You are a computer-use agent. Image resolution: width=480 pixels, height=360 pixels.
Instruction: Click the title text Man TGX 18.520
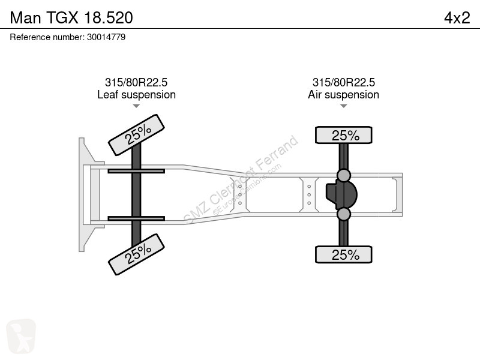[x=71, y=18]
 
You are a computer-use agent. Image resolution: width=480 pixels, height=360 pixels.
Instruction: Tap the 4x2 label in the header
[x=457, y=18]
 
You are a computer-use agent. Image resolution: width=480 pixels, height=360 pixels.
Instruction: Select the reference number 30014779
[x=106, y=37]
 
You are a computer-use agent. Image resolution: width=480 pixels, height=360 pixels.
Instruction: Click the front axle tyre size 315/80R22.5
[x=136, y=82]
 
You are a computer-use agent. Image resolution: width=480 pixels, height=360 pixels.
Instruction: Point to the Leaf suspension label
[x=137, y=95]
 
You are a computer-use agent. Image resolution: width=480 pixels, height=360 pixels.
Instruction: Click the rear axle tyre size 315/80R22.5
[x=343, y=82]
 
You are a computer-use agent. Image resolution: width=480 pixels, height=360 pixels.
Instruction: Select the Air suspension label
[x=343, y=95]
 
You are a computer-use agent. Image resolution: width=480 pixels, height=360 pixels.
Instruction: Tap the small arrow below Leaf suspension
[x=136, y=106]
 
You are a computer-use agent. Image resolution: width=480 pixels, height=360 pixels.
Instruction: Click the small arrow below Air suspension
[x=343, y=106]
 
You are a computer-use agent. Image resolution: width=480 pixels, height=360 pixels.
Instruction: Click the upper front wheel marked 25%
[x=137, y=135]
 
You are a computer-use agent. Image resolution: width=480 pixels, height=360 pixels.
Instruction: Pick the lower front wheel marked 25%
[x=137, y=254]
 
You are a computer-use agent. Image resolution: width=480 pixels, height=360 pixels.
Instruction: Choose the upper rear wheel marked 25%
[x=343, y=135]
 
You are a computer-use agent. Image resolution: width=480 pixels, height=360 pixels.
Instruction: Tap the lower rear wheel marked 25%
[x=343, y=254]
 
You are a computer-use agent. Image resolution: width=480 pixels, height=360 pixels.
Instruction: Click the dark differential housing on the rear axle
[x=341, y=194]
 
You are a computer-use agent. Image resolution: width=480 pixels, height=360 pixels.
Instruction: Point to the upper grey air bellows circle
[x=343, y=175]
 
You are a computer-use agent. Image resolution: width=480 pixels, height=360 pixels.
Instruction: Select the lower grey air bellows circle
[x=343, y=214]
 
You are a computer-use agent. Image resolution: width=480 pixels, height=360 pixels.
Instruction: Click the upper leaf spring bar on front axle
[x=136, y=171]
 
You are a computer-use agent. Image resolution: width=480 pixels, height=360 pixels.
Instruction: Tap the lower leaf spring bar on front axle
[x=136, y=218]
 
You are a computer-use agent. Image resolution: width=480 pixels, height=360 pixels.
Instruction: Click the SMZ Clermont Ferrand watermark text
[x=241, y=180]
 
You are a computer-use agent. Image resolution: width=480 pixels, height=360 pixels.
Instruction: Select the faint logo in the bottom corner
[x=21, y=336]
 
